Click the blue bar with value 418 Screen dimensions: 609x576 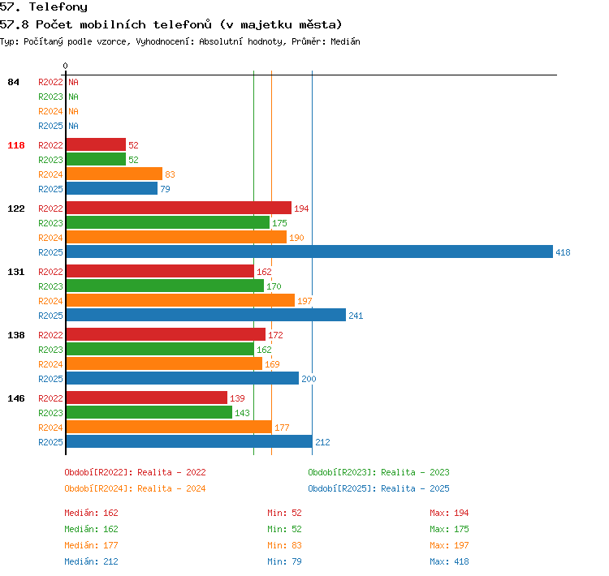[309, 251]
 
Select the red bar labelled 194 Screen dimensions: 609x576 [179, 208]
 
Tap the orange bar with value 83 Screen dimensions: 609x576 [114, 174]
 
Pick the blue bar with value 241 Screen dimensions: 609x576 [206, 315]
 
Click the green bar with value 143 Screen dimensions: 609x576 [149, 412]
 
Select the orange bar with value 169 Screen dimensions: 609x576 [164, 363]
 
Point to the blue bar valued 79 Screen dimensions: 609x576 [112, 188]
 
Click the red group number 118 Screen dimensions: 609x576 [16, 145]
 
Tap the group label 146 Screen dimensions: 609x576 [16, 398]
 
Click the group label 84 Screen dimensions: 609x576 [13, 82]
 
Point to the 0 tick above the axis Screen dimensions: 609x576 [65, 66]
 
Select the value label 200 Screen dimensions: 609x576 [309, 379]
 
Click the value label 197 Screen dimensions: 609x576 [304, 301]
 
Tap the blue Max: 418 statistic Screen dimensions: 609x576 [449, 561]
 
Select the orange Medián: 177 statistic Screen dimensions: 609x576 [91, 545]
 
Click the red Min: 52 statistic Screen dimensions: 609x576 [284, 513]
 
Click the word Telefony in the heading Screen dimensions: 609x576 [58, 7]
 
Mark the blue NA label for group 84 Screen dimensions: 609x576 [73, 126]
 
